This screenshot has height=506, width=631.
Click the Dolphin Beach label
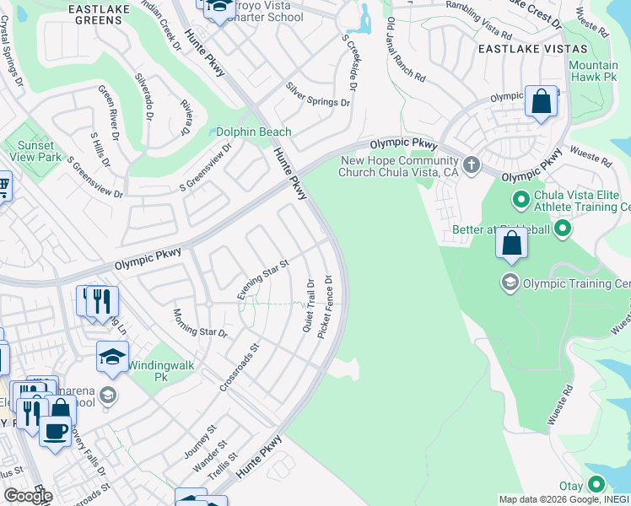coord(254,132)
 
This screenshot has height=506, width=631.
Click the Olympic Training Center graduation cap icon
coord(510,283)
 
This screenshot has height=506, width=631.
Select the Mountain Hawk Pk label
coord(593,72)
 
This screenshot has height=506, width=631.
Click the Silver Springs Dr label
coord(317,94)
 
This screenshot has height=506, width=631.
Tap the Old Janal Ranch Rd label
coord(407,62)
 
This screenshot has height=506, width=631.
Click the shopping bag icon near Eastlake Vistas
coord(541,102)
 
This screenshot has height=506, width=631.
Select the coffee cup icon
coord(56,431)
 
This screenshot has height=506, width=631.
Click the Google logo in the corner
coord(27,496)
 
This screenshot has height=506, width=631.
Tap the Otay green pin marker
coord(596,485)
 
